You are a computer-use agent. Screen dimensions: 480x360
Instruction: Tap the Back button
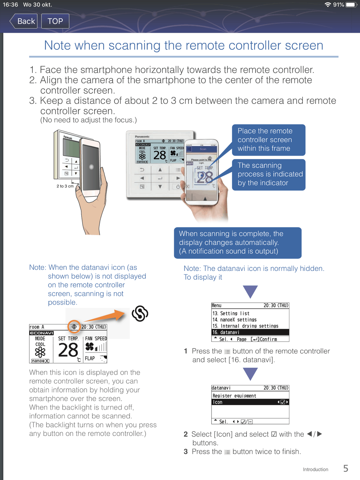24,21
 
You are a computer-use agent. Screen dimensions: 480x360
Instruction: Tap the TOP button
55,21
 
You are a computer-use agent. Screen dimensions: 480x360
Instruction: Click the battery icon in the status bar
351,5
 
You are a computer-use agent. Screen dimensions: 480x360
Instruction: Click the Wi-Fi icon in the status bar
327,5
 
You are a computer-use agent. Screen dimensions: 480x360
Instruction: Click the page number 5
346,468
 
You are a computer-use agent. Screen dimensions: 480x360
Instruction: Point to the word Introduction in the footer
315,469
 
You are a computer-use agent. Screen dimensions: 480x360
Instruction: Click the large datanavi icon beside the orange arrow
140,313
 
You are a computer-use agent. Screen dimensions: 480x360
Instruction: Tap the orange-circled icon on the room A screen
74,327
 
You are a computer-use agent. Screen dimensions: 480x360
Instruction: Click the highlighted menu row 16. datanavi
250,332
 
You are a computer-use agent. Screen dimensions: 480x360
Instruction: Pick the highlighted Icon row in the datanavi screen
250,402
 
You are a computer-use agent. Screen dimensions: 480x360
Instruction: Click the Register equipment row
234,396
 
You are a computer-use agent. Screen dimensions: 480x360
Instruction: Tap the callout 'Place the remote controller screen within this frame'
268,140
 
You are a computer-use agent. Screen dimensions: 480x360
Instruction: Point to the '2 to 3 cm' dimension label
65,186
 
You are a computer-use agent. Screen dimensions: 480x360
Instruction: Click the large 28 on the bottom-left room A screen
68,350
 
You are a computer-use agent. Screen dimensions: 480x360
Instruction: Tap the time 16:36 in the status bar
10,5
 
